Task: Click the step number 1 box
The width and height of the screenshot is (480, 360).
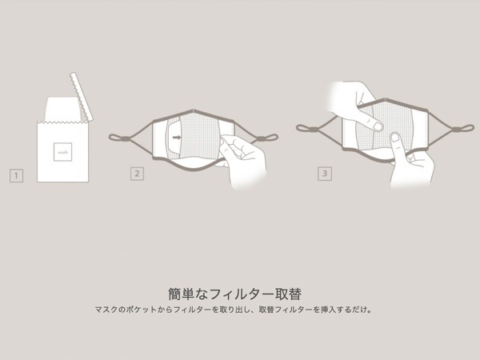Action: pos(16,175)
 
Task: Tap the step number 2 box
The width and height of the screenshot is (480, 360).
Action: pos(137,174)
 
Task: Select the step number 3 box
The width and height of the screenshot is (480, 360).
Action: pos(325,174)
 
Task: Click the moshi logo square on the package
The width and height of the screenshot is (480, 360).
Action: pos(62,152)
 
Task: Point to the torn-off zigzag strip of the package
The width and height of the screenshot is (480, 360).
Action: pos(82,96)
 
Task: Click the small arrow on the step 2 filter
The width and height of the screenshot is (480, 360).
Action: pos(177,138)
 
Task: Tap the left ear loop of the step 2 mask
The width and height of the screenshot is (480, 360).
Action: pos(120,138)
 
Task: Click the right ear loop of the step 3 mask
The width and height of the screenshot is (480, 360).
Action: pos(463,128)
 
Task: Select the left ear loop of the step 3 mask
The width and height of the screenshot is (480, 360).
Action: pos(307,128)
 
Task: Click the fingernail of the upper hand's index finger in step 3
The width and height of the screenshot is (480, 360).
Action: pos(378,126)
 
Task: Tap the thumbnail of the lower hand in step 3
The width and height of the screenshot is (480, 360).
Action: pos(395,138)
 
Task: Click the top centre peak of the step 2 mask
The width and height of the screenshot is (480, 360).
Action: pos(194,110)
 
